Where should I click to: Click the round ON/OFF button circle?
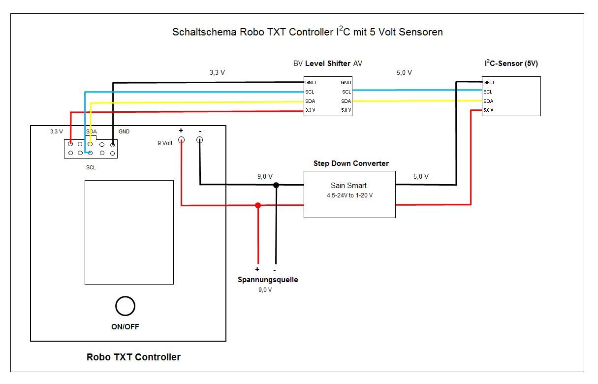pos(125,306)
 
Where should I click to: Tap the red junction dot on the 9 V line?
pos(257,205)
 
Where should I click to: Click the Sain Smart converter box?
pos(349,194)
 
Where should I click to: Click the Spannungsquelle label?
pos(268,280)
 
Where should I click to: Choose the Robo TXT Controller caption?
pos(133,357)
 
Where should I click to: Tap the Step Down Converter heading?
pos(351,163)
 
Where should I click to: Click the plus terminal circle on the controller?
pos(181,140)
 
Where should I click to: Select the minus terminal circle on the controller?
pos(199,140)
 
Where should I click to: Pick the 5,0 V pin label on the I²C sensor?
pos(488,110)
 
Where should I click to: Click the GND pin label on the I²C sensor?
pos(488,83)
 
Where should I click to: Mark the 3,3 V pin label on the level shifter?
pos(310,110)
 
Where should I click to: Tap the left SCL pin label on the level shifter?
pos(310,92)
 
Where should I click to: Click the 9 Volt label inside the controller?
pos(165,143)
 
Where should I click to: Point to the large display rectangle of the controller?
pos(129,232)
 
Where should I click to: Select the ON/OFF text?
pos(125,326)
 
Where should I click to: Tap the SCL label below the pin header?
pos(91,167)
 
